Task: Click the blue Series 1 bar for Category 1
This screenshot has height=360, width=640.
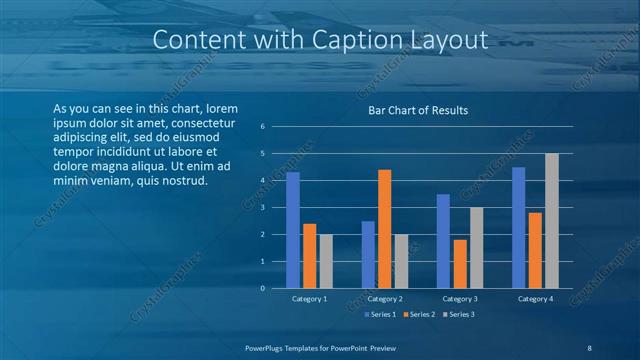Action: [x=293, y=230]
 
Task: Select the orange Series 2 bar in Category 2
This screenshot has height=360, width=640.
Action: [x=384, y=229]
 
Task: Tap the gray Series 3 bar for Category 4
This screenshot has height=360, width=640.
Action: [x=551, y=221]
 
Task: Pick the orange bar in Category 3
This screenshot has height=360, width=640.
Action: [x=460, y=264]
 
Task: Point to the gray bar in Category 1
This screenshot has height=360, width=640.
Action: [x=326, y=261]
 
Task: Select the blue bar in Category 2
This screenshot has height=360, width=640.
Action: [x=368, y=255]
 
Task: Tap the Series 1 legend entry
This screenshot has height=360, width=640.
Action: [x=380, y=315]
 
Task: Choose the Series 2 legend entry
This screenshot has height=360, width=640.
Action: [x=418, y=315]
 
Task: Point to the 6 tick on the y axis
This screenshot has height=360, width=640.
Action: [x=261, y=127]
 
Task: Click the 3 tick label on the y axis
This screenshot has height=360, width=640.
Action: [x=261, y=208]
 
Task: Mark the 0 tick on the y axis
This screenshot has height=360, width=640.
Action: [x=261, y=289]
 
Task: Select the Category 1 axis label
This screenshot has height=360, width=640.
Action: [x=309, y=299]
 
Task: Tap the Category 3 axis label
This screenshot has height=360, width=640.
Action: [x=460, y=299]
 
